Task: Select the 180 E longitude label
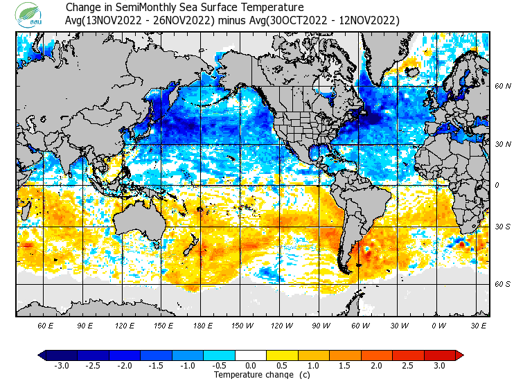(202, 325)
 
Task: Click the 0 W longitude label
(438, 325)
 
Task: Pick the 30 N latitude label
(503, 144)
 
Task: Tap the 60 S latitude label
(503, 284)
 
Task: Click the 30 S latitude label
(503, 227)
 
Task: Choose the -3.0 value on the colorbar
(61, 365)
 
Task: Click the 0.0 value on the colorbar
(251, 365)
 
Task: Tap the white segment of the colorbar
(251, 355)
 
